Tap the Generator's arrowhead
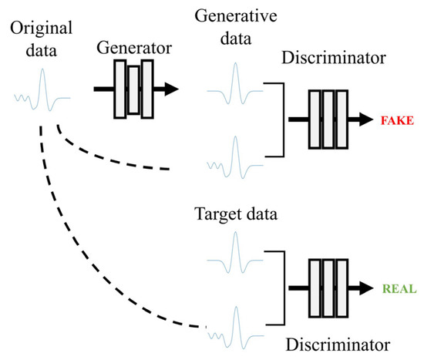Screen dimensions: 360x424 coord(170,89)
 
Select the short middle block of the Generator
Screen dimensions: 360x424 coord(133,89)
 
